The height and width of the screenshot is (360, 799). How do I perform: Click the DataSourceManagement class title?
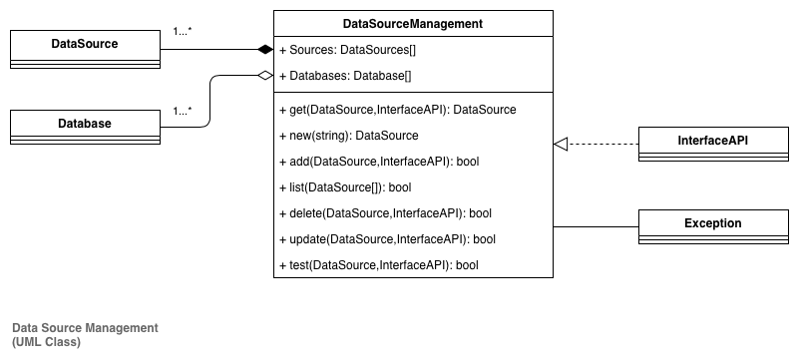coord(412,23)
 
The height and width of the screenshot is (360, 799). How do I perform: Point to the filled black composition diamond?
coord(264,49)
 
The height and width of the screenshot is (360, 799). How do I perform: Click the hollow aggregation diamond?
coord(263,75)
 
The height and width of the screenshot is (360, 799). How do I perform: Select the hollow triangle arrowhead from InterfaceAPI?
coord(561,146)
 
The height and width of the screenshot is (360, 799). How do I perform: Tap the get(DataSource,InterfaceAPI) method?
coord(398,109)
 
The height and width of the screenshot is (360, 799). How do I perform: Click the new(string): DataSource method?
coord(348,135)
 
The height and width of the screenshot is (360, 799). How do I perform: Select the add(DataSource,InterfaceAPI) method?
coord(384,161)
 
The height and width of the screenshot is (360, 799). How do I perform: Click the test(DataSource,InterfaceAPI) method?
coord(379,264)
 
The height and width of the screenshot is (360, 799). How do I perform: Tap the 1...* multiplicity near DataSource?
coord(184,31)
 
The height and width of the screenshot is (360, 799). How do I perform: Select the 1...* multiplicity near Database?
coord(184,110)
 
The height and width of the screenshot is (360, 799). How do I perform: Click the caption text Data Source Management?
coord(85,328)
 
